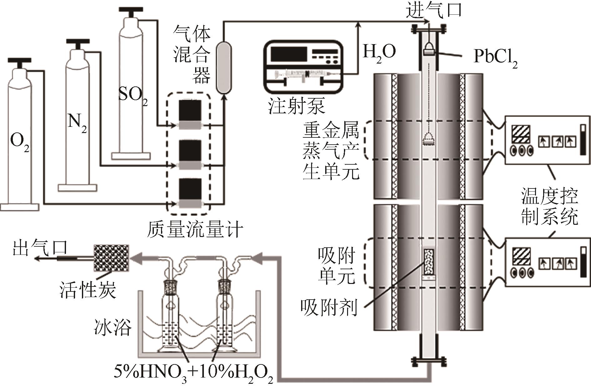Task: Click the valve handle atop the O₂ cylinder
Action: point(19,61)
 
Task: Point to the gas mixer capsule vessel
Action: point(223,67)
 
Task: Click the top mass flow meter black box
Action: point(190,111)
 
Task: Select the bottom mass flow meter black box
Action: point(190,190)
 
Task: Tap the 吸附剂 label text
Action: point(328,308)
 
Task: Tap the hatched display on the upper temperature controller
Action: point(520,135)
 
